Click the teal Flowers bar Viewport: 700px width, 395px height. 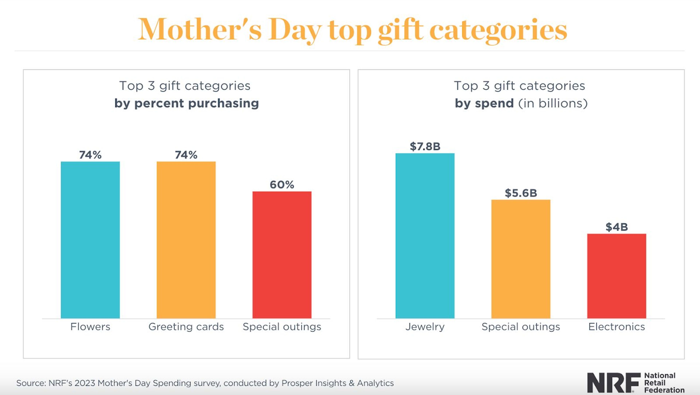click(x=90, y=240)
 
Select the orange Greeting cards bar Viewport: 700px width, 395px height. click(x=186, y=240)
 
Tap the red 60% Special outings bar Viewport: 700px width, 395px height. click(x=282, y=255)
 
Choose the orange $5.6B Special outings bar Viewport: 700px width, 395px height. click(x=521, y=259)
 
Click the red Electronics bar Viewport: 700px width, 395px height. click(x=617, y=276)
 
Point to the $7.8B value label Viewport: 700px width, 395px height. click(x=425, y=146)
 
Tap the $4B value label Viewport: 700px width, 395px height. click(x=617, y=227)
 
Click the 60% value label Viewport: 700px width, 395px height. click(x=282, y=185)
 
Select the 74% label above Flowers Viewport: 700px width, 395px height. click(x=90, y=155)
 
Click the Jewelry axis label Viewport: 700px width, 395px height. click(x=425, y=326)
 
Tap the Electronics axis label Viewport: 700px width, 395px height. click(x=617, y=326)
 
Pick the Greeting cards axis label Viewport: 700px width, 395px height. click(x=186, y=326)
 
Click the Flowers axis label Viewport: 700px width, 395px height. click(x=90, y=326)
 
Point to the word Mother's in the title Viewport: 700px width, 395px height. click(x=200, y=29)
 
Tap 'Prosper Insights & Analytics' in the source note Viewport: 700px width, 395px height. click(x=337, y=383)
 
